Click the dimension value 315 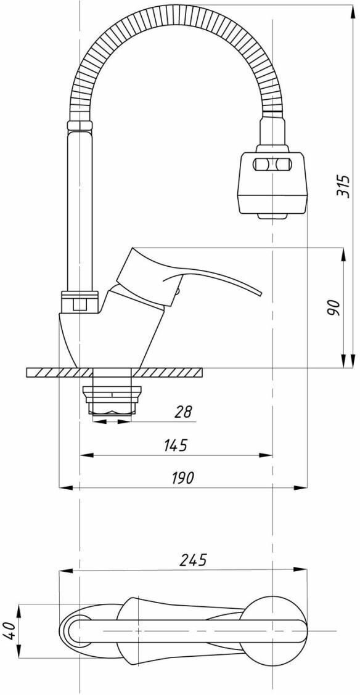[x=343, y=185]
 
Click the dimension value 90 [x=334, y=307]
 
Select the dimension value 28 [x=184, y=412]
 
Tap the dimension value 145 [x=176, y=445]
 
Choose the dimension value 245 [x=194, y=560]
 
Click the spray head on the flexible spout [x=272, y=181]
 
